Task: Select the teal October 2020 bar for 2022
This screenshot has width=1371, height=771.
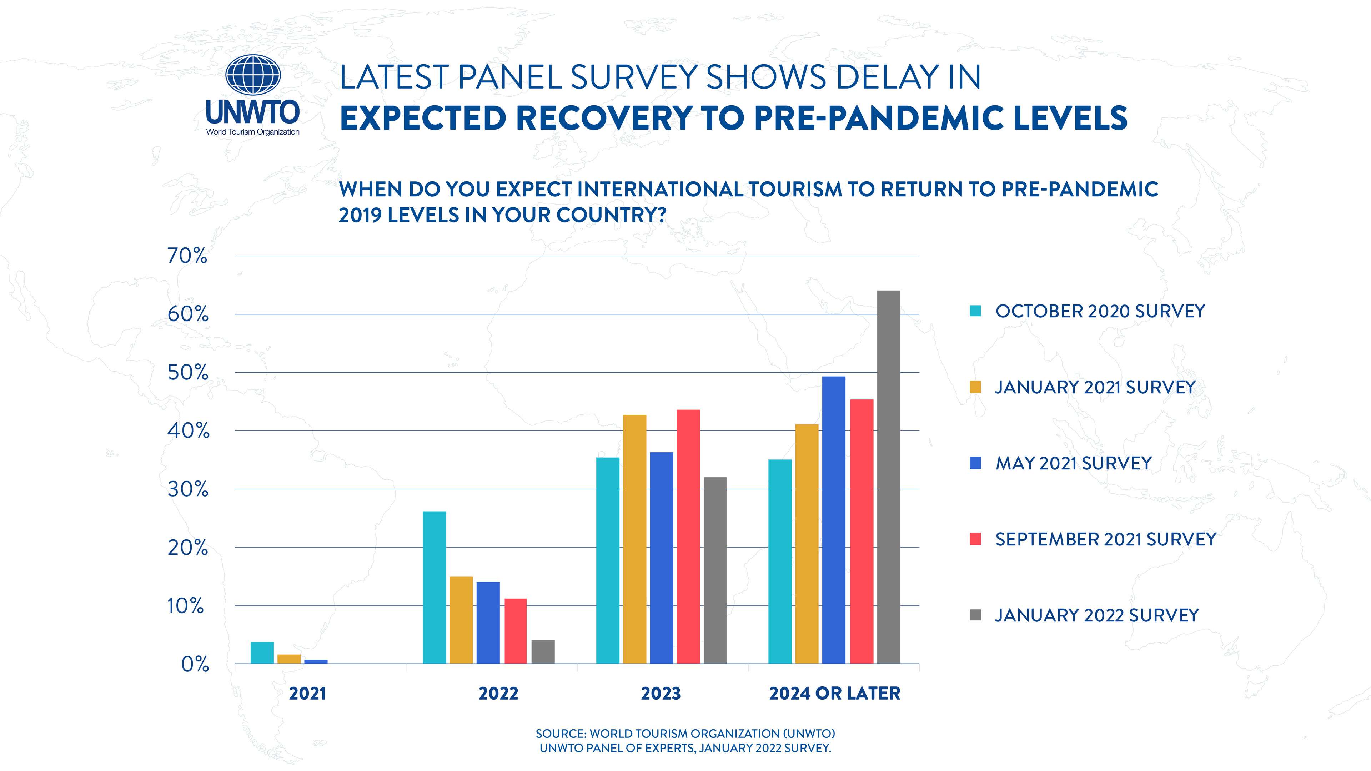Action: (434, 588)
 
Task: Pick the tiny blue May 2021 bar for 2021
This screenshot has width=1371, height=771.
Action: (316, 661)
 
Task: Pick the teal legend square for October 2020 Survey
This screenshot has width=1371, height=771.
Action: (975, 311)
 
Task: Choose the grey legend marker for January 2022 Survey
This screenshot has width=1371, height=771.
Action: (975, 615)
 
